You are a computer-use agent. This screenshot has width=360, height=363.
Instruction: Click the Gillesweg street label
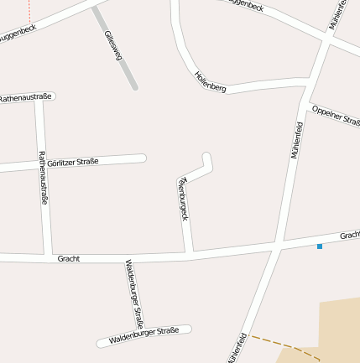tap(112, 45)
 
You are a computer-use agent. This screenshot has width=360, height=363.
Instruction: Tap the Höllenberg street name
tap(210, 81)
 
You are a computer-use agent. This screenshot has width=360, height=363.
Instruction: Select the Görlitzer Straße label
tap(73, 162)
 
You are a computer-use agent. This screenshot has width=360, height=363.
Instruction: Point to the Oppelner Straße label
tap(335, 115)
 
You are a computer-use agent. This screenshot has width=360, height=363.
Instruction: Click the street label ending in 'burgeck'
tap(183, 200)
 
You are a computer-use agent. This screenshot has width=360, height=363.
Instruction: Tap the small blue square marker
tap(319, 246)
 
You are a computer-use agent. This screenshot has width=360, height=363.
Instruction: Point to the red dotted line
tap(29, 10)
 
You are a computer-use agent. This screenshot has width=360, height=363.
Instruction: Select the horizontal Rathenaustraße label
tap(25, 97)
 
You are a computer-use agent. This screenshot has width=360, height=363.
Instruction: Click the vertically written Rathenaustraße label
tap(43, 177)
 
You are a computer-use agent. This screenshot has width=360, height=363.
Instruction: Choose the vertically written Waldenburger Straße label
tap(134, 293)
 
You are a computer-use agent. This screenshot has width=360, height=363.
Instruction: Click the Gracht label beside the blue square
tap(349, 236)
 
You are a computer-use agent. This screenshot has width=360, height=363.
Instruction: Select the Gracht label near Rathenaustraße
tap(69, 259)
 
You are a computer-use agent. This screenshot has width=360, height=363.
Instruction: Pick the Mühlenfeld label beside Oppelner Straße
tap(297, 140)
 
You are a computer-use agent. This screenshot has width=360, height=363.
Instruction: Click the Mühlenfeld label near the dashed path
tap(237, 348)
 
